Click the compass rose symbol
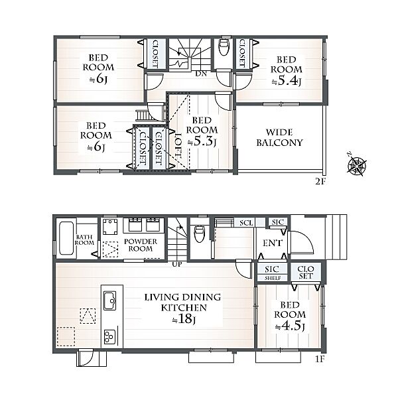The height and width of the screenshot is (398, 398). coord(357,165)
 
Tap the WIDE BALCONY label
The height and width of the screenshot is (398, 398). coord(279,137)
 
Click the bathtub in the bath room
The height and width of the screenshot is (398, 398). coord(66,238)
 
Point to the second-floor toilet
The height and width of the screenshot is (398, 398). coord(224,47)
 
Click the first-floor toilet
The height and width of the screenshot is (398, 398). coord(199,233)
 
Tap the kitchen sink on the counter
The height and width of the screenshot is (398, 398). coord(110,300)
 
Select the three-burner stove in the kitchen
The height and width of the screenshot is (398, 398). coord(109,337)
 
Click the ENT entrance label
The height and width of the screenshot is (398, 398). coord(273,243)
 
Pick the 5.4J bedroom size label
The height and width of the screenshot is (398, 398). coord(287,80)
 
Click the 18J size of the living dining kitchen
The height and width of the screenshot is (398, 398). coord(183,319)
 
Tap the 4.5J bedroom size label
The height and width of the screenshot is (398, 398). coord(290,326)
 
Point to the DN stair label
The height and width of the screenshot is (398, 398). coord(201,74)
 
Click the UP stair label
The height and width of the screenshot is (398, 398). coord(177,264)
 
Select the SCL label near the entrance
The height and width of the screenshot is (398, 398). coord(246,223)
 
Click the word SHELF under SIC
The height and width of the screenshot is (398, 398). coord(273,278)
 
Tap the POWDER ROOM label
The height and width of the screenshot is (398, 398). coord(141,245)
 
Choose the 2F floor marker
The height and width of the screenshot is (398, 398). coord(320,182)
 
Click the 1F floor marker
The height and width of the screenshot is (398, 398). coord(320,360)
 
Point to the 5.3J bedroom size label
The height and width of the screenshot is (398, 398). coord(202,141)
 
